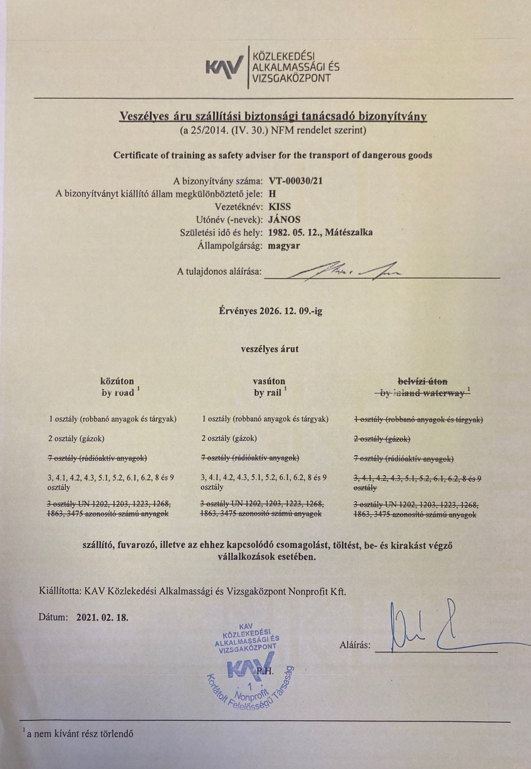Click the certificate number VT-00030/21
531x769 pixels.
coord(295,181)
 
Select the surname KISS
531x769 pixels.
coord(279,206)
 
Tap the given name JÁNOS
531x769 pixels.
coord(284,219)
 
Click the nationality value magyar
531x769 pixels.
coord(283,246)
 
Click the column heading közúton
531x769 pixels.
coord(117,381)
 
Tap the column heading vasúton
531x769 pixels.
coord(269,381)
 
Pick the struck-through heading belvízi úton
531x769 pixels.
coord(423,381)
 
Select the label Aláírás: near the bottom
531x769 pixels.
coord(355,645)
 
